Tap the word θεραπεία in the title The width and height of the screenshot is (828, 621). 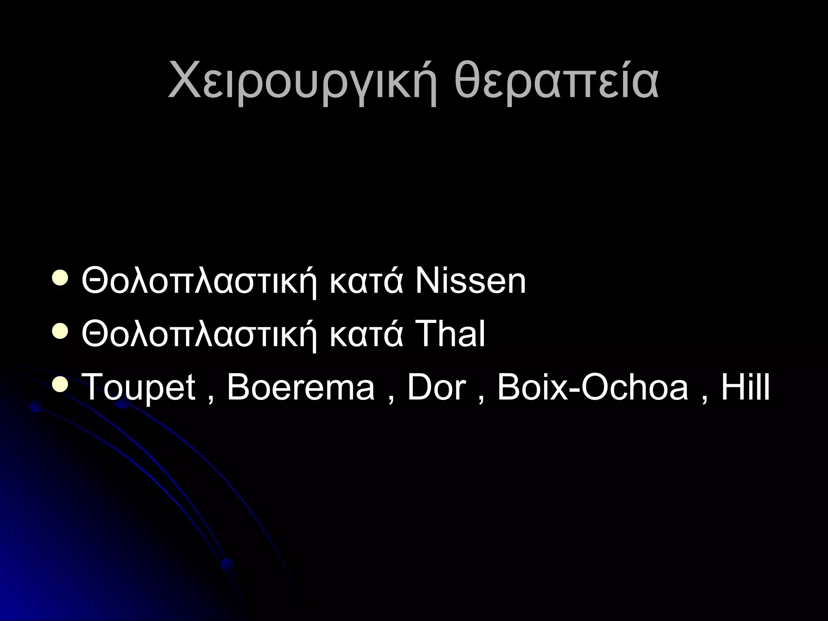tap(556, 83)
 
